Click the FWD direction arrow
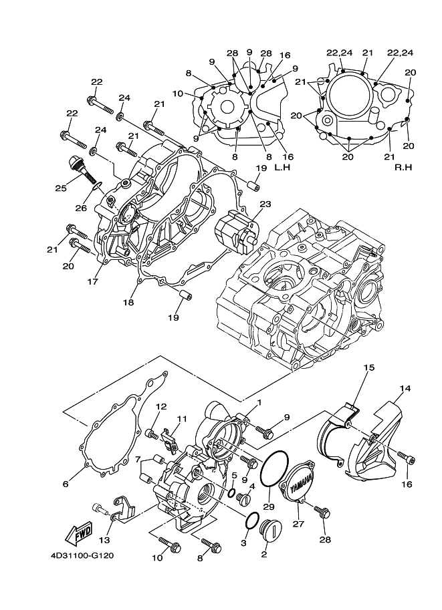coord(80,533)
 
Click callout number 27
coord(299,524)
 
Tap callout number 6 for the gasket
coord(66,484)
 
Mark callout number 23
coord(265,205)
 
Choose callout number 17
coord(92,281)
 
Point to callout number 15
coord(370,367)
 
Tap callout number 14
coord(405,388)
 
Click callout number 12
coord(161,406)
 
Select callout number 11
coord(180,419)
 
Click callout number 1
coord(258,402)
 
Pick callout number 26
coord(81,208)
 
